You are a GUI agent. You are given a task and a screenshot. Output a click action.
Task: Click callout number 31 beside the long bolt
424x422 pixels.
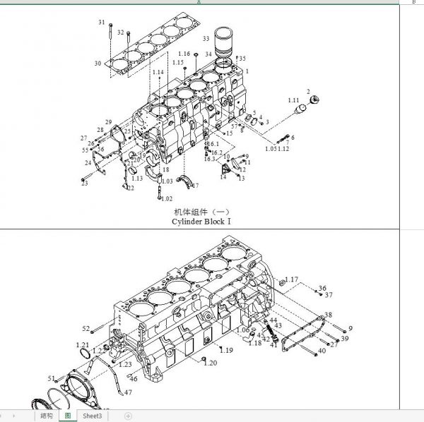click(x=102, y=23)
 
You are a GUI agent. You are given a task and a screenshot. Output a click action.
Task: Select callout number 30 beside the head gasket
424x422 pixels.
click(x=98, y=64)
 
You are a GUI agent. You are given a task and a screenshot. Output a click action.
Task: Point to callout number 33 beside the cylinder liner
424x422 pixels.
click(x=206, y=38)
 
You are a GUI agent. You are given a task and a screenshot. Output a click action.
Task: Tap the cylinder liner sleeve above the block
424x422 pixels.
click(x=224, y=43)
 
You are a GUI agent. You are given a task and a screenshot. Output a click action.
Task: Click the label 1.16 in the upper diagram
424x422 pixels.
click(x=184, y=54)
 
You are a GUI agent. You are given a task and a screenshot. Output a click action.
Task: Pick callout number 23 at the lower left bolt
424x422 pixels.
click(x=84, y=183)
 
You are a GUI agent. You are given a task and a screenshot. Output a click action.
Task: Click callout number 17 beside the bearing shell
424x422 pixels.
click(x=196, y=186)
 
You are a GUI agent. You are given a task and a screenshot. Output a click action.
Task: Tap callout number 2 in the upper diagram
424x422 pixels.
click(x=309, y=92)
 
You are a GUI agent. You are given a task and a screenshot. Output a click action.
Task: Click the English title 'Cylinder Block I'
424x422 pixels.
click(x=201, y=222)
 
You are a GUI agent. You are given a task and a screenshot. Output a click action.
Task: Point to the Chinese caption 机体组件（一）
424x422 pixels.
click(x=201, y=212)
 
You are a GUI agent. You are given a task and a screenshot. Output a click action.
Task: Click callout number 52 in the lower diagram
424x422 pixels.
click(x=86, y=329)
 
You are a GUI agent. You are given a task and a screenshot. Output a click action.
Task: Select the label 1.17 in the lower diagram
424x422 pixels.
click(x=292, y=279)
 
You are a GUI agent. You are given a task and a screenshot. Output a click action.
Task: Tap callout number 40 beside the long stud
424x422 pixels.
click(x=322, y=351)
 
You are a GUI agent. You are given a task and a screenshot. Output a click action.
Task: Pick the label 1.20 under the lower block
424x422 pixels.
click(x=211, y=363)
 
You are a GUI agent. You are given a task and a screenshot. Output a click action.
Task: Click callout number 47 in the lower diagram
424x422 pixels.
click(x=129, y=392)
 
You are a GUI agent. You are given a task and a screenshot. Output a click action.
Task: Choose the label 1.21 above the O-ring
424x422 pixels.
click(x=82, y=344)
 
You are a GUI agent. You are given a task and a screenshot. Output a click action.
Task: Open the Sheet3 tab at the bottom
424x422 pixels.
click(x=93, y=416)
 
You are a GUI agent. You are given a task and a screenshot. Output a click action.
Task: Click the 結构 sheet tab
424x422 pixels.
click(x=46, y=416)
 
